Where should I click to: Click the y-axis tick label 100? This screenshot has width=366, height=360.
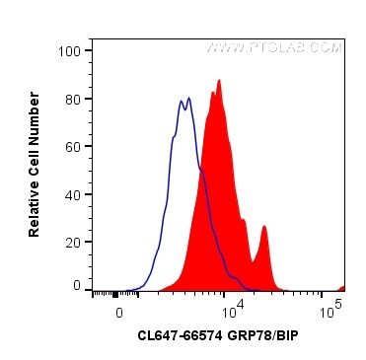pos(69,49)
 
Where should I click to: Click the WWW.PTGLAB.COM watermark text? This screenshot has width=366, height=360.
pos(275,46)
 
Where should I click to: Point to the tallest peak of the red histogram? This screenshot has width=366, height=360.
pos(219,82)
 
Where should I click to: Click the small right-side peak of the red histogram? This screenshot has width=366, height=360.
pos(264,228)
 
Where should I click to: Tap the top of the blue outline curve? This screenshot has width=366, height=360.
pos(182,100)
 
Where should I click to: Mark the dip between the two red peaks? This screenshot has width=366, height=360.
pos(254,260)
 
